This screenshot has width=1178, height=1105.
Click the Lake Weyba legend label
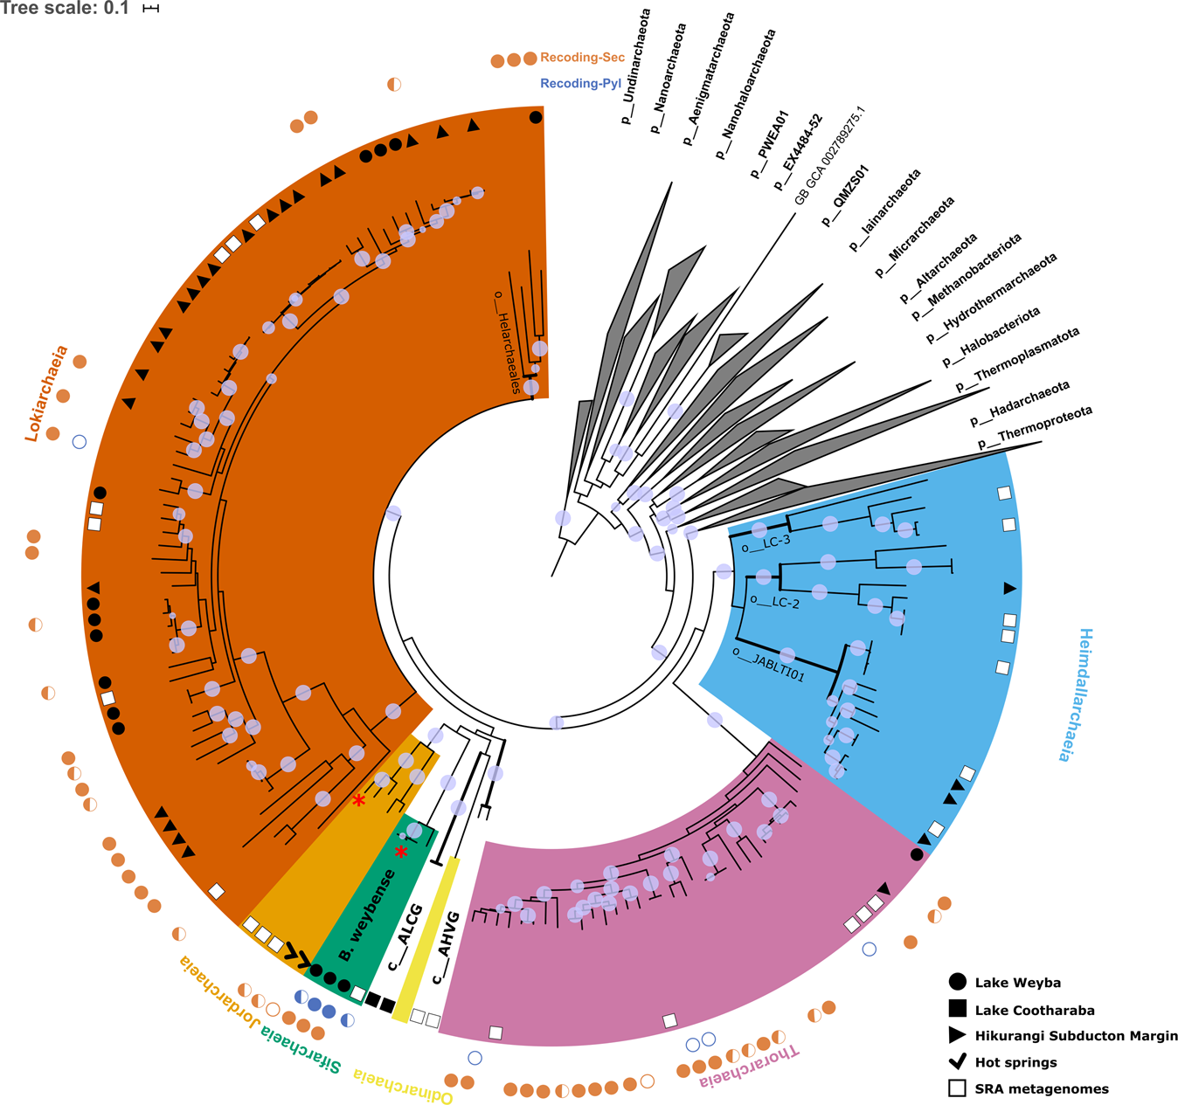(x=1017, y=983)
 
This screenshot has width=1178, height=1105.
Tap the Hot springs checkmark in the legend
(x=958, y=1061)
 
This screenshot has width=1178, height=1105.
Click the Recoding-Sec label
(x=582, y=58)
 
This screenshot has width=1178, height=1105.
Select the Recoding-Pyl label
(x=580, y=84)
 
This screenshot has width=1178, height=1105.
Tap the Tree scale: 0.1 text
(x=65, y=9)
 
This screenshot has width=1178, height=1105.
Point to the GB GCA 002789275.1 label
(x=829, y=156)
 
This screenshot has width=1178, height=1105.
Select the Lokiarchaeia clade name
(x=46, y=393)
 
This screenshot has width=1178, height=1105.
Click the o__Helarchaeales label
(x=508, y=342)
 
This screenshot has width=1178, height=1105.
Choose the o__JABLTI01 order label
(x=768, y=664)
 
